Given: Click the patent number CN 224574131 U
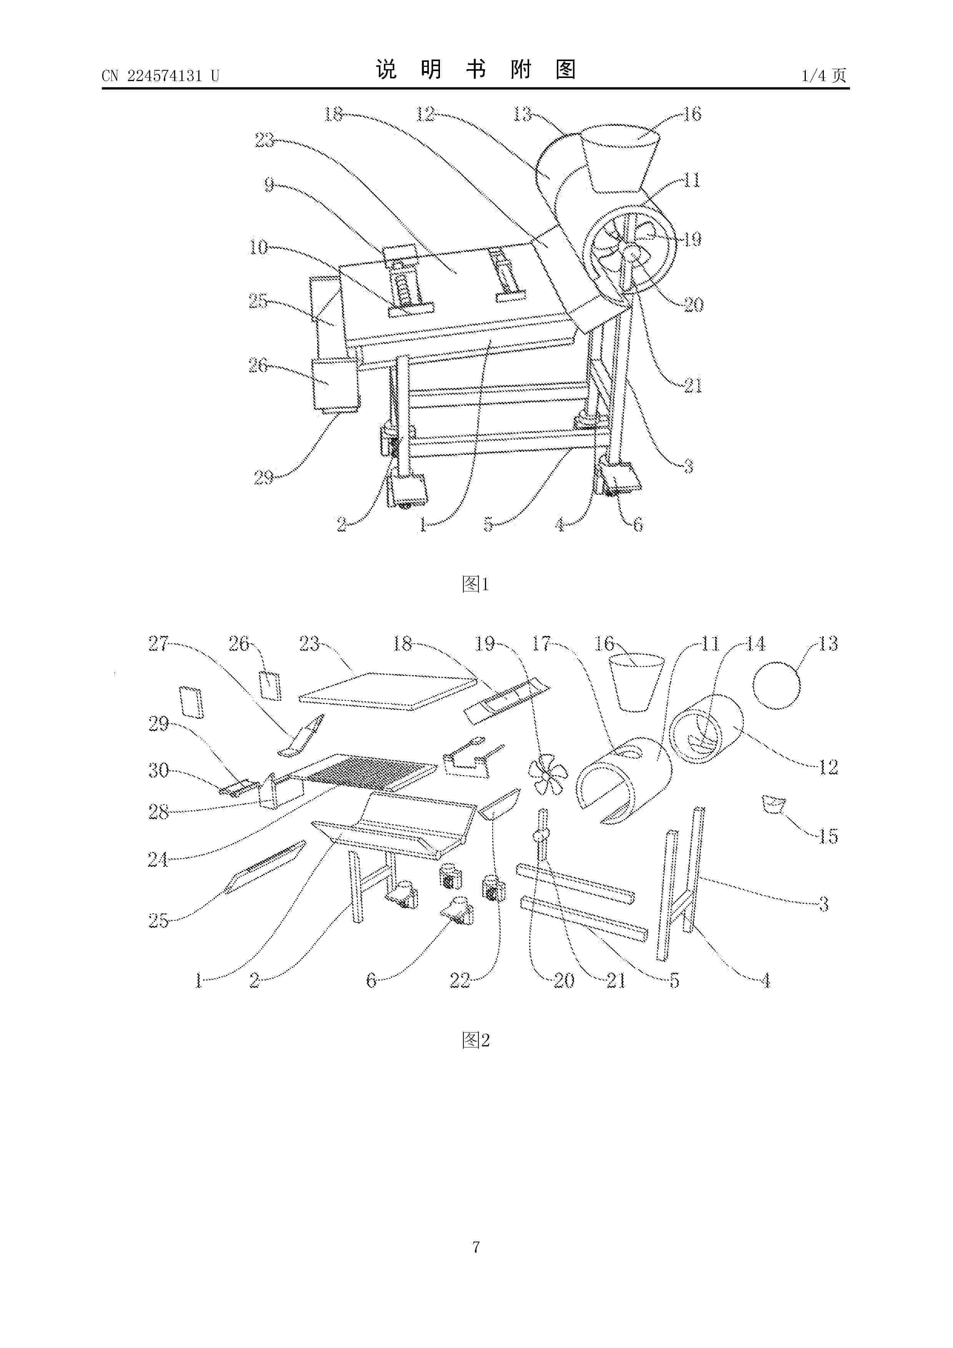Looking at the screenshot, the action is pyautogui.click(x=160, y=76).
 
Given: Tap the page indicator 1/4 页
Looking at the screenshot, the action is pyautogui.click(x=824, y=75).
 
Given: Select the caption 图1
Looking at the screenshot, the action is pyautogui.click(x=476, y=584).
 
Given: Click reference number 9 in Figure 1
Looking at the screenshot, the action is pyautogui.click(x=269, y=186).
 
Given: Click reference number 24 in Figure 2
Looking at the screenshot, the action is pyautogui.click(x=158, y=860).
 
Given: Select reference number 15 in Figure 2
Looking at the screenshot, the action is pyautogui.click(x=828, y=836).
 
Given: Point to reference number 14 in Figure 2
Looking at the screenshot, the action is pyautogui.click(x=756, y=644).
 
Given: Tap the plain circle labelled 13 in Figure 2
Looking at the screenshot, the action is pyautogui.click(x=777, y=685).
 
